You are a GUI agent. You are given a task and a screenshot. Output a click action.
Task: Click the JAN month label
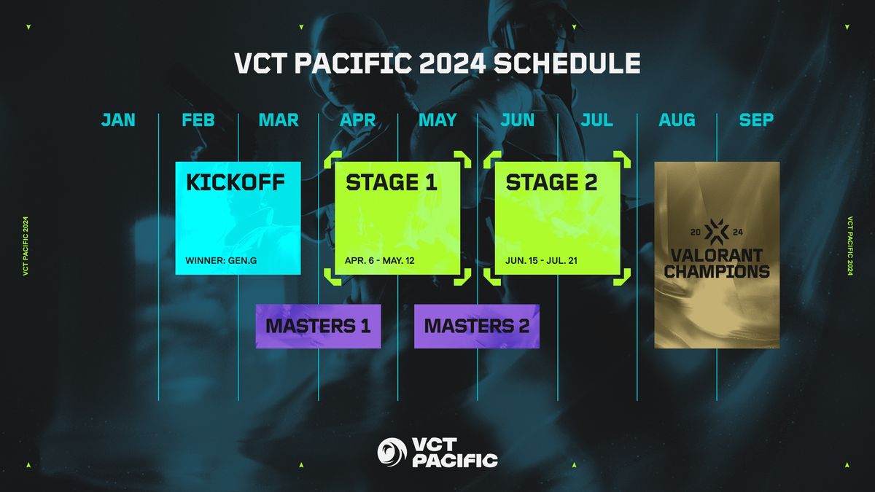click(118, 120)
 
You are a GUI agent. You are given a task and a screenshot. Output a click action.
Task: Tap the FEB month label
click(198, 120)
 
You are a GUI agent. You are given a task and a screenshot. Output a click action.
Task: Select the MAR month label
click(279, 120)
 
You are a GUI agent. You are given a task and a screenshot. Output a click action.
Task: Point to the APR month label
click(358, 120)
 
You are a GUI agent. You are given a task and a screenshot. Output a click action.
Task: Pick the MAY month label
click(437, 120)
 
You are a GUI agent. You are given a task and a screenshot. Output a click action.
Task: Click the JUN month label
click(518, 120)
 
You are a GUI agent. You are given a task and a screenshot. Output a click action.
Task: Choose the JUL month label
click(597, 120)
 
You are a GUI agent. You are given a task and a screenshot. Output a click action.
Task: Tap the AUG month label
click(677, 120)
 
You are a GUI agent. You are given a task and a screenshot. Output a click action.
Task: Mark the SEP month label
click(756, 120)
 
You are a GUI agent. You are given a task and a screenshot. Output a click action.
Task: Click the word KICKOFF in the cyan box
click(236, 182)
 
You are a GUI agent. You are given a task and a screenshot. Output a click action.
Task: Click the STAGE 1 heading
click(392, 182)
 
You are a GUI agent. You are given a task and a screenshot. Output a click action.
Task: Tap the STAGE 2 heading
click(551, 182)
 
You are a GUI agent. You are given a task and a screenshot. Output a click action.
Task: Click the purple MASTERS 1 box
click(317, 326)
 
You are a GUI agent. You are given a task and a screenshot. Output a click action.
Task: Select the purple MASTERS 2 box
click(477, 326)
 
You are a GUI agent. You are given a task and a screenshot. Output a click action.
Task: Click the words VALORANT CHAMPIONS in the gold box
click(717, 264)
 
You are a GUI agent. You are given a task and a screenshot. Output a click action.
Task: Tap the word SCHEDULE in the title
click(568, 63)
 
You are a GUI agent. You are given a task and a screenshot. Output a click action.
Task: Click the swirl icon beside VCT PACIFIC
click(392, 451)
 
